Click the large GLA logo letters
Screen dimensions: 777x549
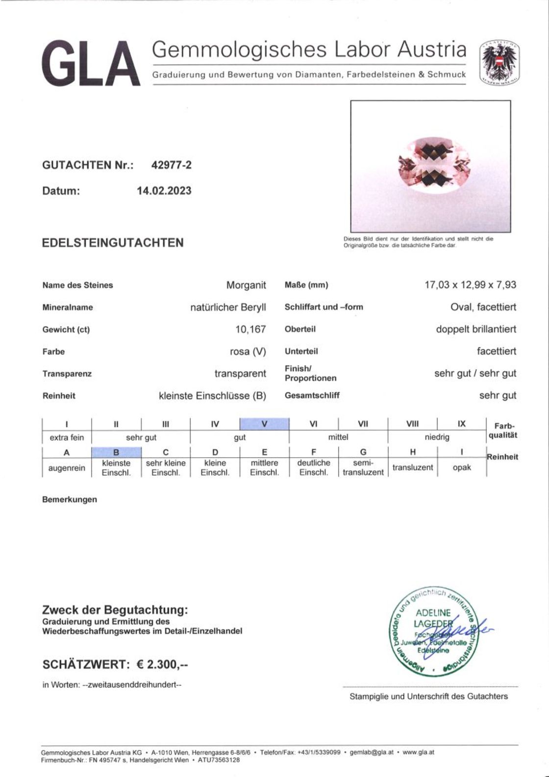(91, 64)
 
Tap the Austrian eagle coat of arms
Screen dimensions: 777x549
(499, 62)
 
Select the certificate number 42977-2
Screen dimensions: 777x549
(171, 165)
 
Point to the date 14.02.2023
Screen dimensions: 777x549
(164, 191)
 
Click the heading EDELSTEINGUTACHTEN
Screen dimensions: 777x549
(113, 243)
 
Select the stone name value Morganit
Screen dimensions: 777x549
(246, 285)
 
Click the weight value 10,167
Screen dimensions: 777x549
(250, 329)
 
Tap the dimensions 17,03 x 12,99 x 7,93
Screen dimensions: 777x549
(470, 285)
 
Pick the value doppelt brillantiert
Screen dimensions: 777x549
(476, 329)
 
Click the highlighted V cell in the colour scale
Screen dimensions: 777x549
(264, 424)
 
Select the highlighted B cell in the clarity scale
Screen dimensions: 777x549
(116, 452)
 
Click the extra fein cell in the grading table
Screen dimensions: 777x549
(67, 438)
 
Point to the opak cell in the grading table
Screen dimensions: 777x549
(462, 467)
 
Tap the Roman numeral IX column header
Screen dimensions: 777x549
(462, 424)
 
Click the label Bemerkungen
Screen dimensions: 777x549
(70, 500)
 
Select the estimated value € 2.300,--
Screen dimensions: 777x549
(162, 665)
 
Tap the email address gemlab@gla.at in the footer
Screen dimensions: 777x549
(372, 752)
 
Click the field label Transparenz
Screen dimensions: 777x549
(67, 374)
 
